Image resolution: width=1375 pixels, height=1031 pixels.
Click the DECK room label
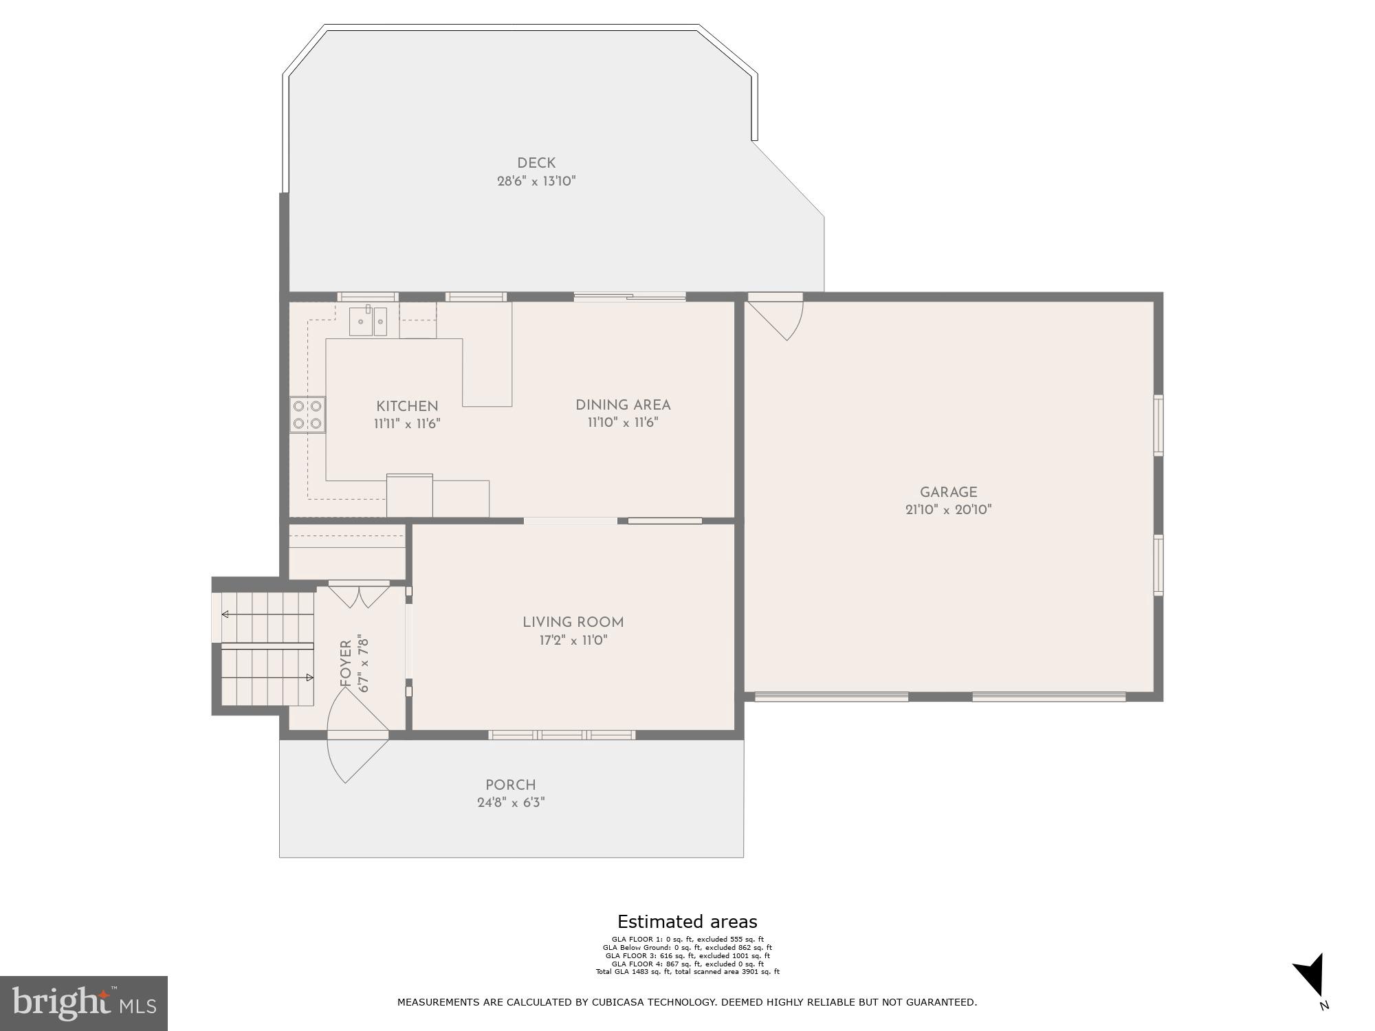point(536,164)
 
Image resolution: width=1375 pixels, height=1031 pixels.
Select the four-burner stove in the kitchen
point(307,414)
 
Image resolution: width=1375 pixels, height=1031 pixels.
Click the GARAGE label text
point(948,492)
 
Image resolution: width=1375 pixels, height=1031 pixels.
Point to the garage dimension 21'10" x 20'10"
point(948,510)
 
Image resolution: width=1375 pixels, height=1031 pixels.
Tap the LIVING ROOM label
point(573,623)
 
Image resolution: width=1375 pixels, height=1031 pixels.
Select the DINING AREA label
point(623,406)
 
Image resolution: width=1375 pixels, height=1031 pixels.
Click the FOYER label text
point(346,663)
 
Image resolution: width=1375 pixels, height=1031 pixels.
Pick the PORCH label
point(510,785)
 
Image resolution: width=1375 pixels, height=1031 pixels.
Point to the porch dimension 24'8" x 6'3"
point(510,803)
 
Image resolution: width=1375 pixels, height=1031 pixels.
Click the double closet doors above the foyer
point(359,595)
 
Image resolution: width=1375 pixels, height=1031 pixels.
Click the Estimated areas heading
point(687,922)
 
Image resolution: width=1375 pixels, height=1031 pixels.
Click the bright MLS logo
point(84,1003)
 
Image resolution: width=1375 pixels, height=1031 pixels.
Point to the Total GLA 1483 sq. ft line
point(687,972)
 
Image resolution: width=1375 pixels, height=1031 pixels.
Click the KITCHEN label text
point(407,406)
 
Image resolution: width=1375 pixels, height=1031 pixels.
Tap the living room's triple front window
point(562,735)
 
